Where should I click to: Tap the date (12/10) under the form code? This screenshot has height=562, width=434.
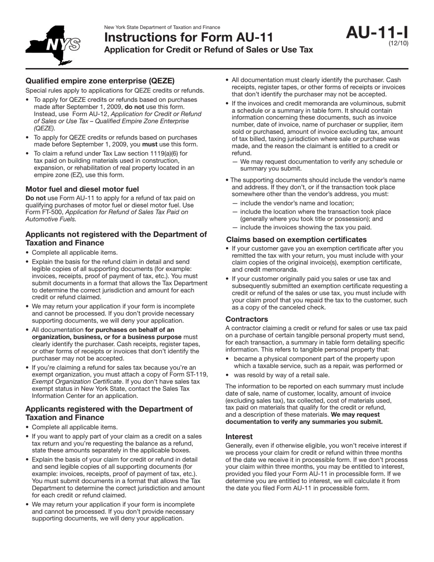[398, 43]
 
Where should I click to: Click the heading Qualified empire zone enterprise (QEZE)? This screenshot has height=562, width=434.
[100, 81]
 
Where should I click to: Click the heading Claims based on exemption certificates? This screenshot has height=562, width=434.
[296, 239]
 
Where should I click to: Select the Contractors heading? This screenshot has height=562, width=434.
[247, 319]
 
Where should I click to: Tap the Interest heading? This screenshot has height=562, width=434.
[239, 436]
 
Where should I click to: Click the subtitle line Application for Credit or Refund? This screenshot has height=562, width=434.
[208, 49]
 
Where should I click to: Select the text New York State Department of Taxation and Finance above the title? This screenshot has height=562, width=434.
[162, 27]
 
